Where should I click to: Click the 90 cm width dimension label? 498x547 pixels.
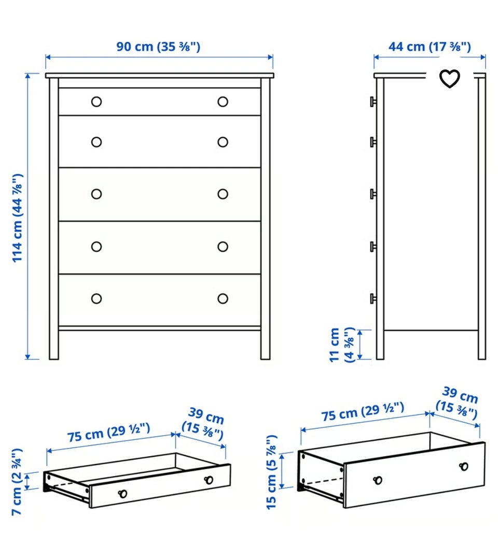[x=158, y=47]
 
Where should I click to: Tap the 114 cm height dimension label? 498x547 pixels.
[x=18, y=218]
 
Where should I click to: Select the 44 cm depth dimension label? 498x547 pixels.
[x=430, y=47]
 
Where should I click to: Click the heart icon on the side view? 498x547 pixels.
[x=449, y=79]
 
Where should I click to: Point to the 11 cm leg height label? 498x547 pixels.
[x=342, y=344]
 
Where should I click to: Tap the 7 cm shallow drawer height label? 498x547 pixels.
[x=17, y=482]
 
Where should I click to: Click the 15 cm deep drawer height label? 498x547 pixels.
[x=271, y=472]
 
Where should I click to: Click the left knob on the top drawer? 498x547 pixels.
[x=96, y=102]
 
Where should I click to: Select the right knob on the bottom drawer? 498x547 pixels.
[x=223, y=298]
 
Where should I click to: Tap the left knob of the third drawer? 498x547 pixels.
[x=96, y=194]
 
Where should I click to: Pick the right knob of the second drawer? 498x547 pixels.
[x=223, y=142]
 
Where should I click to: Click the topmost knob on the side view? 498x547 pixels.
[x=373, y=102]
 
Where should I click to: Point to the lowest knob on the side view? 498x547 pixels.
[x=373, y=298]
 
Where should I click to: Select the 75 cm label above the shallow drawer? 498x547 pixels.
[x=109, y=432]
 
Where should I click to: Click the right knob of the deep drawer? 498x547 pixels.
[x=464, y=466]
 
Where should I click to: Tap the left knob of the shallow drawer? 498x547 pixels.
[x=122, y=494]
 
